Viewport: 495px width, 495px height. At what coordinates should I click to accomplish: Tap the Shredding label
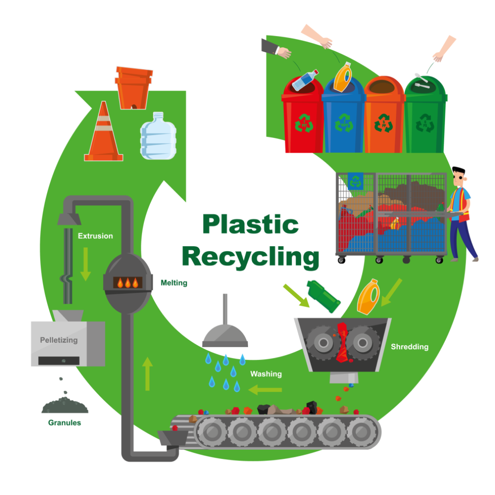409,346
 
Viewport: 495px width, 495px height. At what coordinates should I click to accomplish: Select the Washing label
266,374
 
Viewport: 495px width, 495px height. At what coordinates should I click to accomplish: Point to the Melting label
174,283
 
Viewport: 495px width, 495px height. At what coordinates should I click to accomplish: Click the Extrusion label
95,236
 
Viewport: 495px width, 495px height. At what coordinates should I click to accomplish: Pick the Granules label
65,423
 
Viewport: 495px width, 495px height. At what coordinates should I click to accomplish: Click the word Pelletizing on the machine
59,340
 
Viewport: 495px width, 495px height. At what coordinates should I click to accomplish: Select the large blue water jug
158,136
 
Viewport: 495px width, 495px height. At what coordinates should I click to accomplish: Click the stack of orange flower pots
134,87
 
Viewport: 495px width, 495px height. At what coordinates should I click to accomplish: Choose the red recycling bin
302,117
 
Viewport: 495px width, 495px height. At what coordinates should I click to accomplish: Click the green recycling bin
425,117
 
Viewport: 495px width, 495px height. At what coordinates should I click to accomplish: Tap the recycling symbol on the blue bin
344,123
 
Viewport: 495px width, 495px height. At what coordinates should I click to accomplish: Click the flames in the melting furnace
128,282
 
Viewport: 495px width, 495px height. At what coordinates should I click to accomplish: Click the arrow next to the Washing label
265,390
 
